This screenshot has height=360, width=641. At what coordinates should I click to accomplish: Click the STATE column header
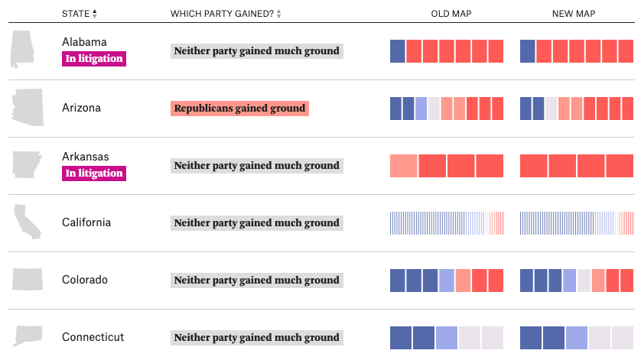point(75,14)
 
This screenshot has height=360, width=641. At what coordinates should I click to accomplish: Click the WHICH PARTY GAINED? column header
point(221,14)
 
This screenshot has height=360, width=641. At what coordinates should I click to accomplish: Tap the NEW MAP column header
point(574,14)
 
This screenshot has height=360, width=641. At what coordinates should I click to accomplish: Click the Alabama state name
point(84,42)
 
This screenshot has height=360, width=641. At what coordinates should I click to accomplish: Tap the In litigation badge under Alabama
point(93,58)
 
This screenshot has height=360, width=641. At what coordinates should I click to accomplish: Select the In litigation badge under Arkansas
point(93,173)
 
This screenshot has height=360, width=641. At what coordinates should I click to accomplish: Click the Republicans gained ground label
point(240,109)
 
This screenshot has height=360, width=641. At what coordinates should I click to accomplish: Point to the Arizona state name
point(81,108)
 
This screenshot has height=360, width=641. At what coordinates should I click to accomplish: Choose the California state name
point(86,222)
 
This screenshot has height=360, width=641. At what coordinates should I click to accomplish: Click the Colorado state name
point(85,280)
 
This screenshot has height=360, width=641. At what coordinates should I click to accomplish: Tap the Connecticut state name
point(93,337)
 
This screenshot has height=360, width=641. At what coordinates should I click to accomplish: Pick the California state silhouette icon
point(27,222)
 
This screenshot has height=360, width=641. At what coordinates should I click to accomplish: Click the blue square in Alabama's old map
point(398,51)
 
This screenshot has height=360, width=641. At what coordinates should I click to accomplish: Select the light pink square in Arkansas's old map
point(403,166)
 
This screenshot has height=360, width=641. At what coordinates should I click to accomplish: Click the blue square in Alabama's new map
point(527,51)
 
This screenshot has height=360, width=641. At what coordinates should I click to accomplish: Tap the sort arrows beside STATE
point(95,14)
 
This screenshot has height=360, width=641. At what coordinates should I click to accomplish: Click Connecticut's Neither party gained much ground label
point(256,337)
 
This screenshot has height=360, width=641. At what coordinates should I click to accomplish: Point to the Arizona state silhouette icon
point(28,107)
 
